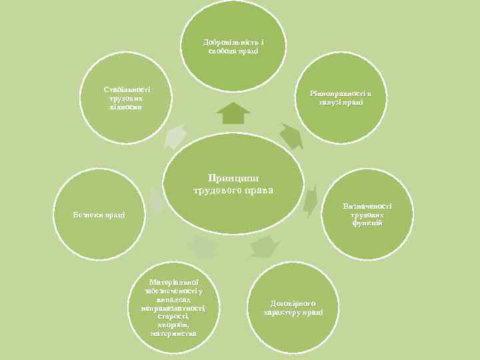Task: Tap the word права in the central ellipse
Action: [x=259, y=190]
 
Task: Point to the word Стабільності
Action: [x=127, y=89]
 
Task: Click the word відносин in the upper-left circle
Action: [x=127, y=107]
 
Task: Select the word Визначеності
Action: [x=367, y=206]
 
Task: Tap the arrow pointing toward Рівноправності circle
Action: [x=291, y=136]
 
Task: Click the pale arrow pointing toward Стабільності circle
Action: [x=175, y=136]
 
